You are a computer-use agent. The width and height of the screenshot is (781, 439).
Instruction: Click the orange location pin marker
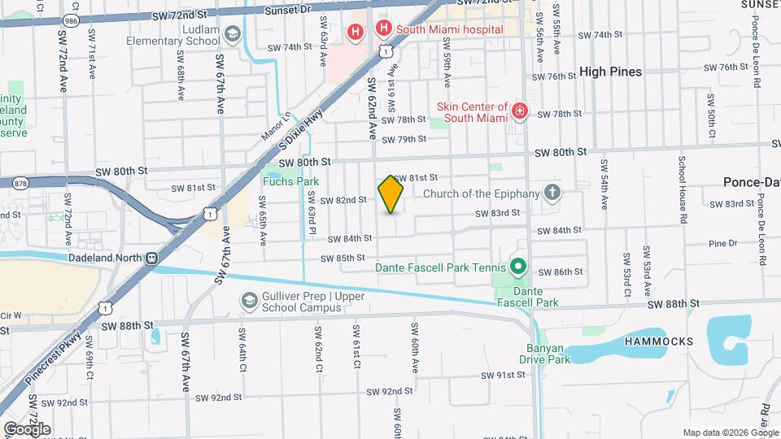coord(391,193)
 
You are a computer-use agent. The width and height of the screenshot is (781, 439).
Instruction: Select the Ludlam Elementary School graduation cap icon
coord(233,33)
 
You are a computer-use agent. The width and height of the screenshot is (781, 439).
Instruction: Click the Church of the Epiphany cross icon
coord(552,193)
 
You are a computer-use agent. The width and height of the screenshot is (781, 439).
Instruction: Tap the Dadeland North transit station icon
coord(151,258)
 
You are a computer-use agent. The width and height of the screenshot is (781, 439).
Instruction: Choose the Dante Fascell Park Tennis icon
coord(517,267)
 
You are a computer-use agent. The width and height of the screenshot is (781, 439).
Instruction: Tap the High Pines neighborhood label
coord(610,72)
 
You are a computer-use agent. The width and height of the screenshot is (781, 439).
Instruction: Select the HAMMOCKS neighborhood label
coord(658,342)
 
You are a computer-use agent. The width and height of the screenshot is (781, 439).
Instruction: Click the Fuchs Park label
coord(290,181)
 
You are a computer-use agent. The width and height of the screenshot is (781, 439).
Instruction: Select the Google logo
coord(27,428)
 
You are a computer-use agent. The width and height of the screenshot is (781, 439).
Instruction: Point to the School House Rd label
coord(682,183)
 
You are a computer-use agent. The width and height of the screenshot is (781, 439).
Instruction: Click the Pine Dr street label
coord(722,243)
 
